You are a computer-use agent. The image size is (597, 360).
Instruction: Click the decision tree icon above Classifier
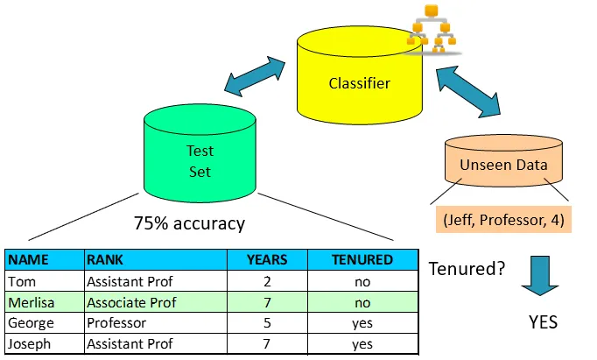432,28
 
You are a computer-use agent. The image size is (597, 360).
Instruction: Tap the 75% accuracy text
189,223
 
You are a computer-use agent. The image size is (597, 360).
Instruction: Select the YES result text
543,321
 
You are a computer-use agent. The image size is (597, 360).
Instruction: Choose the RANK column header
104,260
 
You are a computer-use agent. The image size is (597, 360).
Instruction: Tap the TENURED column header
362,260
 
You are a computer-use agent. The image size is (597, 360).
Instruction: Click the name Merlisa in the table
30,303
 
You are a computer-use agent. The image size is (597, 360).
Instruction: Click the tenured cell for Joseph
362,345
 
